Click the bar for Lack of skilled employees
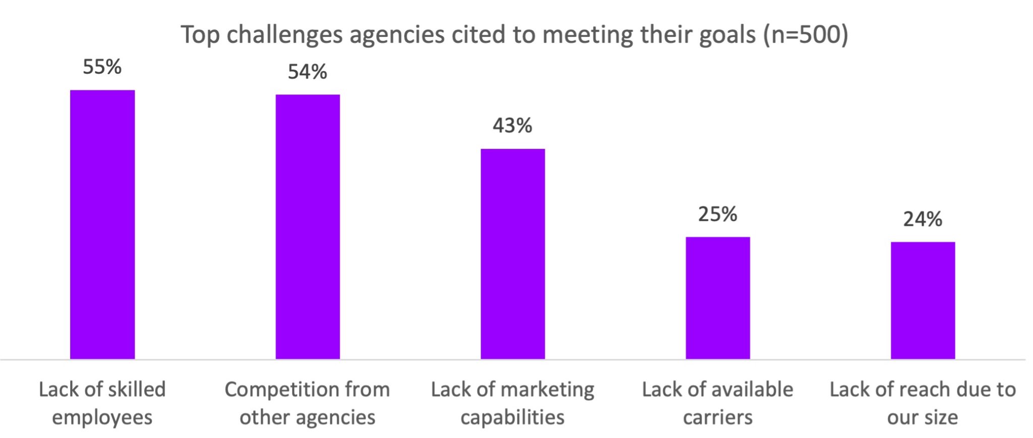(x=102, y=225)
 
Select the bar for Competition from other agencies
(x=308, y=227)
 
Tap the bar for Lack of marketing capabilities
(x=512, y=254)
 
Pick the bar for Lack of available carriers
(x=718, y=298)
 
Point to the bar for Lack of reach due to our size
(x=923, y=300)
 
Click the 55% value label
(x=102, y=67)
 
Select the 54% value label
(x=308, y=72)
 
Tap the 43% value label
(x=512, y=126)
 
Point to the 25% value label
(x=718, y=214)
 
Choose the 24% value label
(x=923, y=220)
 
